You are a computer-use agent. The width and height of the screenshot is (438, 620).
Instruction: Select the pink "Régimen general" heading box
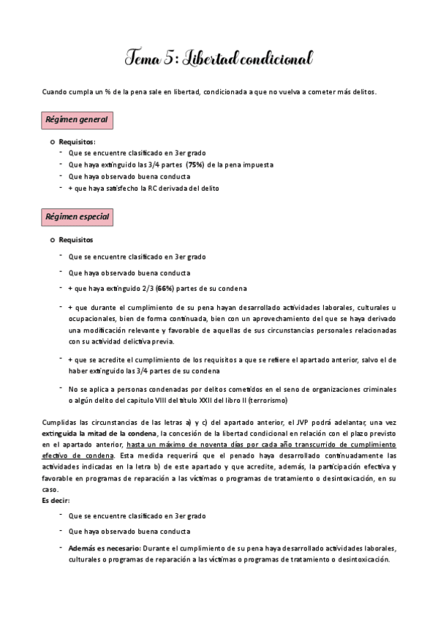click(77, 119)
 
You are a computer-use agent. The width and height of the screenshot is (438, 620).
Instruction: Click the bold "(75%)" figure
click(195, 165)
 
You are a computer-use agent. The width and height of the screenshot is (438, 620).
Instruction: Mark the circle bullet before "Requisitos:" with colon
click(53, 141)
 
